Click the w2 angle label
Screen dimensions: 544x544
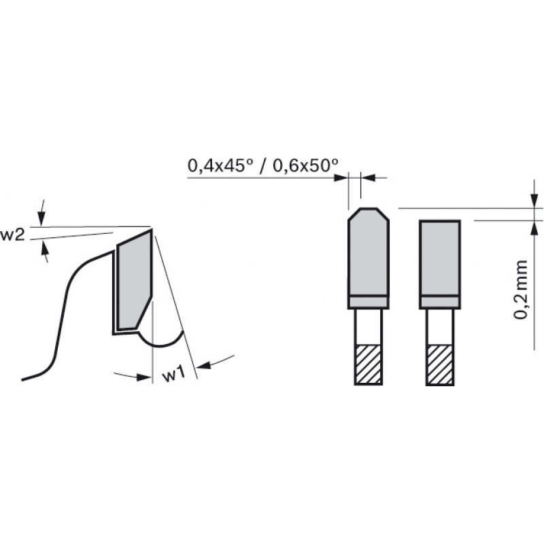[x=13, y=235]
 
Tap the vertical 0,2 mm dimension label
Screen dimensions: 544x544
[x=522, y=289]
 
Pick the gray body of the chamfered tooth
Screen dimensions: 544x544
[x=368, y=255]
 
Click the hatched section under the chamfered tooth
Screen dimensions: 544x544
[x=368, y=364]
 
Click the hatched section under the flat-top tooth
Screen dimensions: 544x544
[x=440, y=364]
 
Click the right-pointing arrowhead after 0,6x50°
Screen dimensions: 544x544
[x=342, y=177]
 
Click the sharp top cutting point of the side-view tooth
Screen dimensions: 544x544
[x=151, y=228]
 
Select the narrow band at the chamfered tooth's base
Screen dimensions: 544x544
[x=368, y=302]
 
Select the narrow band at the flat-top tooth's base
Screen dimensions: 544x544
[x=440, y=302]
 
